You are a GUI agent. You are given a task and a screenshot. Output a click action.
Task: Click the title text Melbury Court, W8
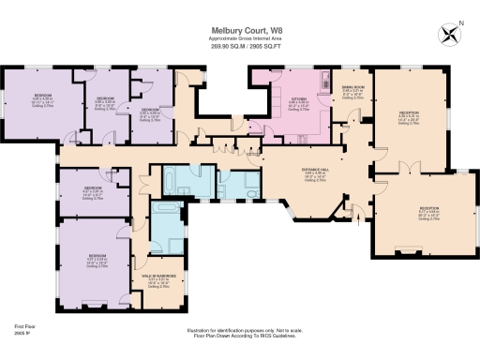(x=240, y=29)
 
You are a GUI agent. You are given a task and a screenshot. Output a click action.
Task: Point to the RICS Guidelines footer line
(x=240, y=334)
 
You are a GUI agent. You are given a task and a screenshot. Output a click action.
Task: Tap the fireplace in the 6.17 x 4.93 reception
(x=409, y=251)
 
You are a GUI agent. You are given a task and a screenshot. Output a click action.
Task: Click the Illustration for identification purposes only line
(x=240, y=328)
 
